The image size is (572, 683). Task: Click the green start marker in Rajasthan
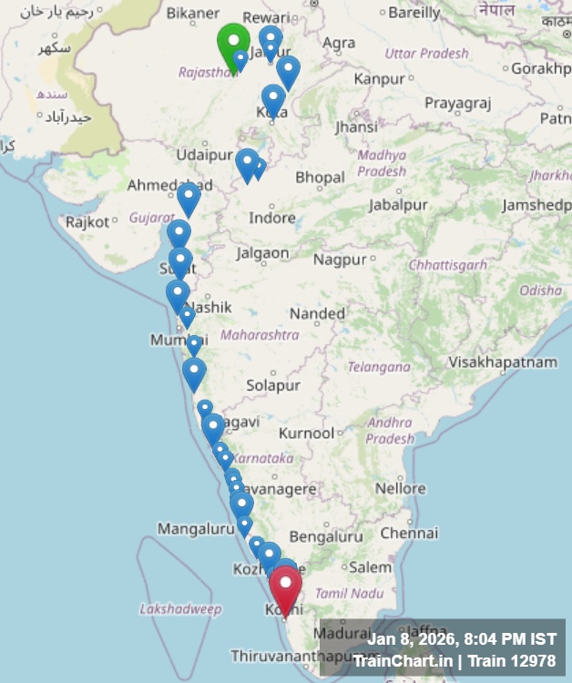[233, 42]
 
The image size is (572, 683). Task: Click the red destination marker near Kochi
[286, 587]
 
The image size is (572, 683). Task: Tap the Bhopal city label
[320, 177]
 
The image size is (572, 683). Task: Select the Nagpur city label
[340, 260]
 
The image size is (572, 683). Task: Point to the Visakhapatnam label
[503, 362]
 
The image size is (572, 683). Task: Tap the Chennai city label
[410, 533]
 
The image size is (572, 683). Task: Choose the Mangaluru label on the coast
[196, 528]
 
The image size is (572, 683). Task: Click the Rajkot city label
[87, 221]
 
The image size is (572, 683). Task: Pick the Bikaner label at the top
[193, 13]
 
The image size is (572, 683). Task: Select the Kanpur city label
[379, 79]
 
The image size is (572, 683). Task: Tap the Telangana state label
[379, 367]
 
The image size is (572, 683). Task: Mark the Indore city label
[272, 218]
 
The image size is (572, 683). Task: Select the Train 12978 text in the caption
[518, 660]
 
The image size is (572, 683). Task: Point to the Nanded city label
[318, 314]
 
